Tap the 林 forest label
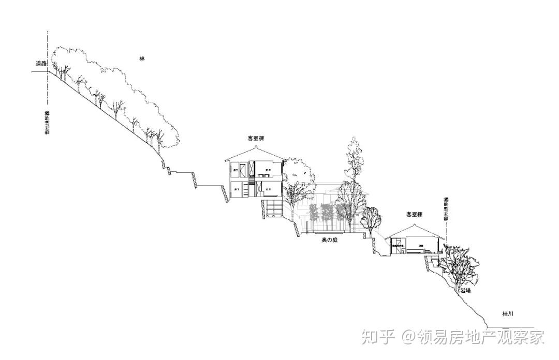coord(142,58)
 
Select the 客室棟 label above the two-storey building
coord(256,139)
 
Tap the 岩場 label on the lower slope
coord(465,291)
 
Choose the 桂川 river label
coord(508,314)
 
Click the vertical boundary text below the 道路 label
coord(47,123)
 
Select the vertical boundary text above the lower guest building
coord(446,209)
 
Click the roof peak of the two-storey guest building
coord(257,146)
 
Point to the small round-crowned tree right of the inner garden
coord(371,218)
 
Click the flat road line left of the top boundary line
coord(39,71)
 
